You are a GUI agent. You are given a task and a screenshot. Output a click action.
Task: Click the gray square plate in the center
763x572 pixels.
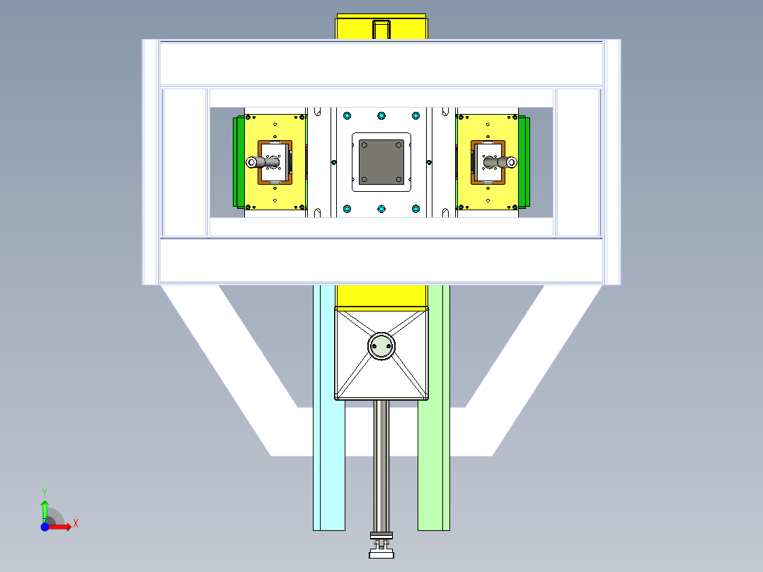tap(381, 162)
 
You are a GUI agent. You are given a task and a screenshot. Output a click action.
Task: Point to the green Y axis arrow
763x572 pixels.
tap(45, 511)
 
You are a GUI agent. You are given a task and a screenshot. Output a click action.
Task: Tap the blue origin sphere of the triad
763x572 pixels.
tap(45, 527)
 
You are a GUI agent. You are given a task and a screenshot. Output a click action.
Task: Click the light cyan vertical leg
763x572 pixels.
tap(328, 408)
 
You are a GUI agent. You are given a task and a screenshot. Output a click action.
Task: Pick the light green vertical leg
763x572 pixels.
tap(434, 408)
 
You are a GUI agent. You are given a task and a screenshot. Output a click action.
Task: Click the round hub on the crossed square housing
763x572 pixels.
tap(381, 346)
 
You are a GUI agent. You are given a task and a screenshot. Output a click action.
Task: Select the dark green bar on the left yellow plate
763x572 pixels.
tap(239, 162)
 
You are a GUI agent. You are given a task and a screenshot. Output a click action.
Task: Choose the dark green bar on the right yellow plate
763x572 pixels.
tap(524, 162)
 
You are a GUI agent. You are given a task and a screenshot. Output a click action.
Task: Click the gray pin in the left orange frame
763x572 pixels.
tap(263, 162)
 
